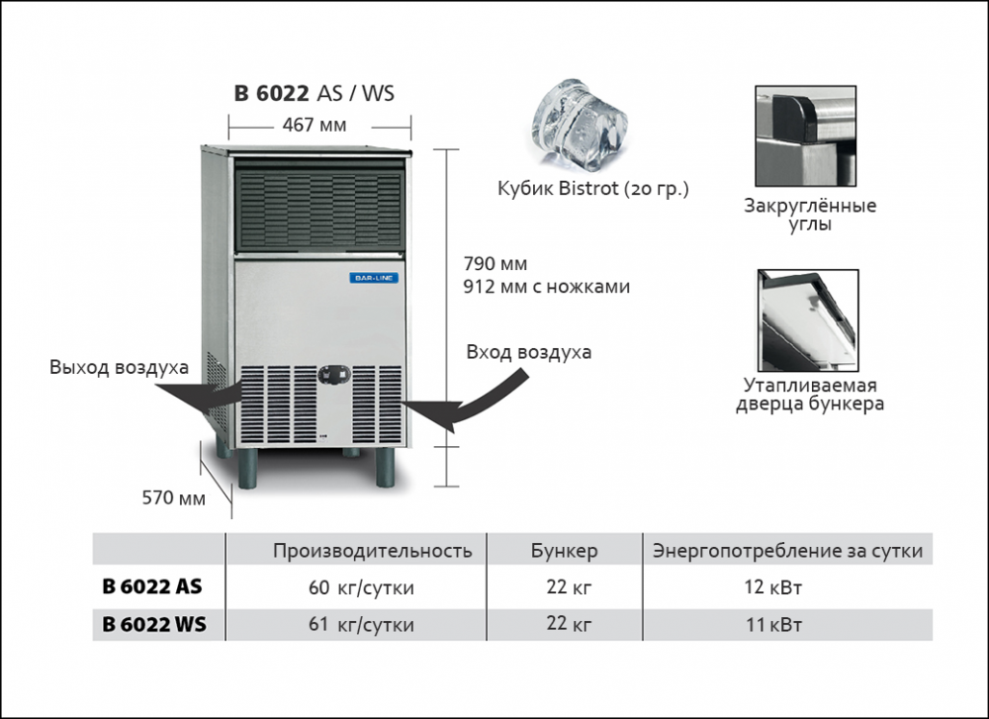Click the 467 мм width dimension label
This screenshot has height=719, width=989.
point(314,126)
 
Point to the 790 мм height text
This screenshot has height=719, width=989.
point(494,264)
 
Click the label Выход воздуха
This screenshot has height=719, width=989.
point(119,368)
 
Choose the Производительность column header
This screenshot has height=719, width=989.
point(372,551)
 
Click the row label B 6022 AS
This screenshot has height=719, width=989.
point(152,586)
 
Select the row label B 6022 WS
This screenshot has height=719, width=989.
point(154,625)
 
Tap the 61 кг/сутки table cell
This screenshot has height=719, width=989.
point(361,625)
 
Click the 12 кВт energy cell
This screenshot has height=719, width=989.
point(772,587)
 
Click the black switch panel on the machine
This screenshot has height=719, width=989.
point(333,374)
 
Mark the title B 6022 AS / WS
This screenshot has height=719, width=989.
point(314,94)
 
